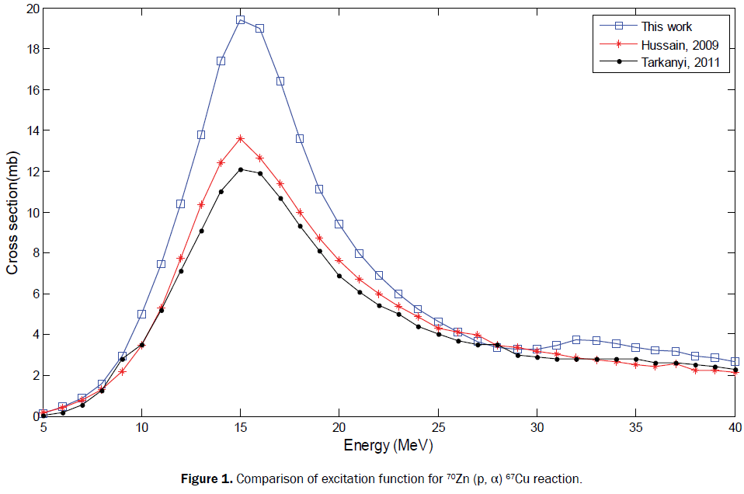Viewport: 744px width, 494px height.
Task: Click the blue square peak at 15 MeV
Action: click(241, 19)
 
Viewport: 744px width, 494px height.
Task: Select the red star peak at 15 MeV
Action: click(241, 138)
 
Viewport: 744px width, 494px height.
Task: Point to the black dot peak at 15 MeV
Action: click(241, 169)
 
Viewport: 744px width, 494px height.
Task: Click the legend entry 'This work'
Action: click(667, 27)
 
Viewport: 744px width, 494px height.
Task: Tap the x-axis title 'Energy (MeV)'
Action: click(388, 447)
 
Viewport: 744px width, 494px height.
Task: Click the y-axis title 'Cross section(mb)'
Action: click(12, 213)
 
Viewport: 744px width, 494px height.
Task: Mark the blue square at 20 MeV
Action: click(339, 224)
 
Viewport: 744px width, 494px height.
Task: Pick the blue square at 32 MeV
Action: click(576, 339)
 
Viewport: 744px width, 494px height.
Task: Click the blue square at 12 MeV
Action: click(181, 204)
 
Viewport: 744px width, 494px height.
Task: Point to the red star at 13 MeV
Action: click(201, 204)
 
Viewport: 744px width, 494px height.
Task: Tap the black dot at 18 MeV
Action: click(300, 226)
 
